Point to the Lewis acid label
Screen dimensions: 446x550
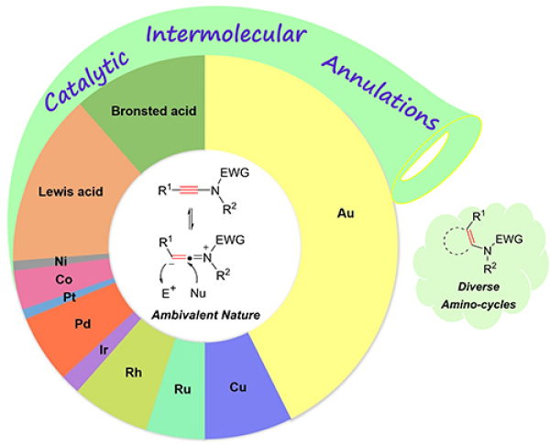(71, 192)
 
